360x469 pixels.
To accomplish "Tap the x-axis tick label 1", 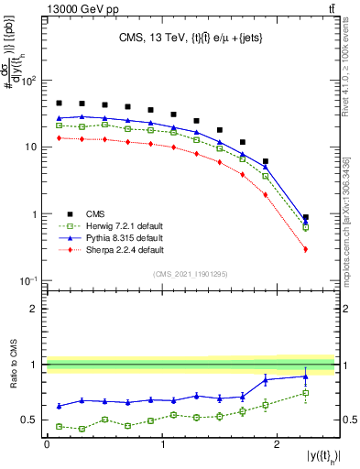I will pyautogui.click(x=162, y=444).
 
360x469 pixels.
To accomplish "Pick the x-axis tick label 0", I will pyautogui.click(x=47, y=444).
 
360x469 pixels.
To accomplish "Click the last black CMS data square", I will pyautogui.click(x=305, y=218).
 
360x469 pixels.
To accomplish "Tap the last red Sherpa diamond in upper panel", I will pyautogui.click(x=305, y=249).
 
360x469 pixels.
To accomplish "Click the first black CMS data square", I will pyautogui.click(x=59, y=104).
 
